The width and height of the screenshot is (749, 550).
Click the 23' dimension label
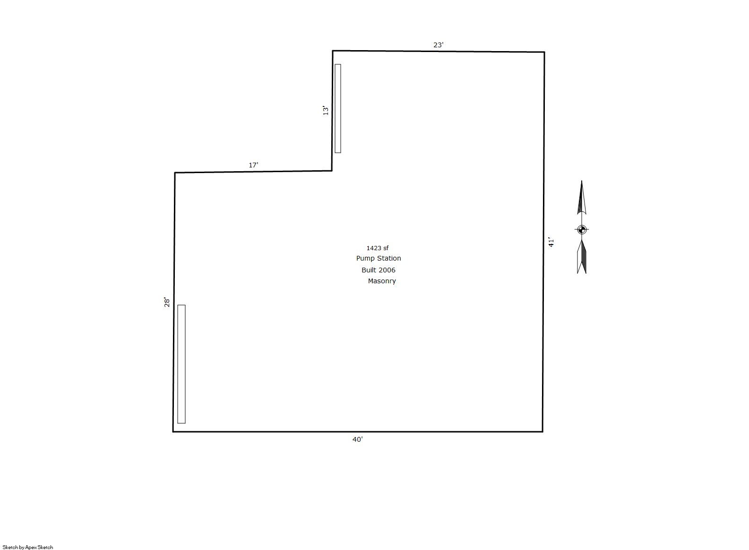[x=439, y=45]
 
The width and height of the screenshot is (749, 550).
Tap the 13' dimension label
[x=325, y=110]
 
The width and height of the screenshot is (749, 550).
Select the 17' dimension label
[x=253, y=165]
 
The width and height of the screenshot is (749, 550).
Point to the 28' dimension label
[x=166, y=302]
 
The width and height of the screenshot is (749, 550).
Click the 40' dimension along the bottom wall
[x=357, y=439]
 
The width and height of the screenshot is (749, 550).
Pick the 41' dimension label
[x=551, y=242]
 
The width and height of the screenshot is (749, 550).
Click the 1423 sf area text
[x=378, y=248]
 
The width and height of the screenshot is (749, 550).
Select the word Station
[x=388, y=258]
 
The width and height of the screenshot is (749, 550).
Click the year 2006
[x=387, y=270]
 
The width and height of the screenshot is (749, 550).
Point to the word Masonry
[x=382, y=281]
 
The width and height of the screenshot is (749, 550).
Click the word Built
[x=369, y=270]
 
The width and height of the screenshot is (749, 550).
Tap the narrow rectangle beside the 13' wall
[x=338, y=108]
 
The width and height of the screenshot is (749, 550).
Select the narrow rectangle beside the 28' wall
[x=181, y=364]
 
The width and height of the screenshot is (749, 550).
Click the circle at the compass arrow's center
[x=581, y=229]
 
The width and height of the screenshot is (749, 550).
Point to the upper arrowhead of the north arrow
[x=581, y=197]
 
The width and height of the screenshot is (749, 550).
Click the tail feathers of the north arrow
[x=581, y=257]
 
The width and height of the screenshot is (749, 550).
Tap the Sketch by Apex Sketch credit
[x=28, y=547]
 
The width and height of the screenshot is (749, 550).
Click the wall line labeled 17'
[x=253, y=172]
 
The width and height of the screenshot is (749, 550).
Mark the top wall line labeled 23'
[x=439, y=51]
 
